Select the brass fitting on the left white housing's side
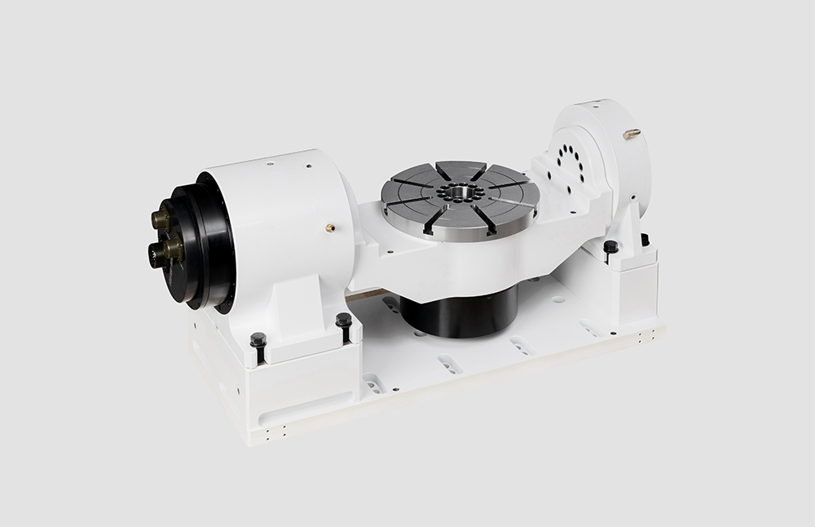331,228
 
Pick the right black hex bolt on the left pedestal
344,320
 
